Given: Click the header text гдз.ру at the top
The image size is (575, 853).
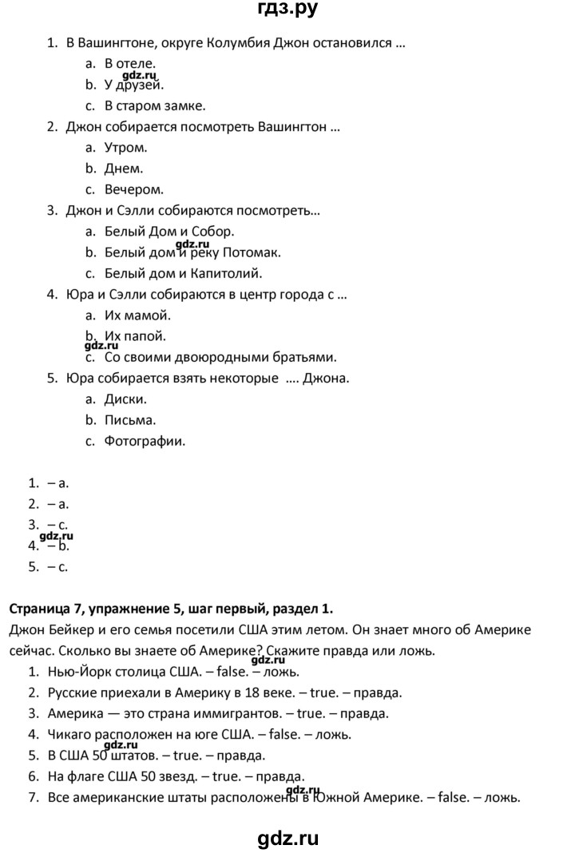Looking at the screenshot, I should tap(287, 11).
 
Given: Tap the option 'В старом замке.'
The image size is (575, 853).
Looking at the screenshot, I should tap(155, 105).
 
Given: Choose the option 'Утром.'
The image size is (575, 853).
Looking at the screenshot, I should tap(126, 147).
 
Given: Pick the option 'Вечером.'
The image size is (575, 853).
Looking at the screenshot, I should tap(134, 189).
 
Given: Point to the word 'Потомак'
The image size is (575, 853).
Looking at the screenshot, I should tap(254, 252).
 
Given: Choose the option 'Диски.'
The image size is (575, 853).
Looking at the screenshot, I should tap(126, 399).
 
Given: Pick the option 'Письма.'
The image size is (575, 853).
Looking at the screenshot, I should tap(130, 420).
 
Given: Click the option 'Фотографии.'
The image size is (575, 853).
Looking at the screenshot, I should tap(145, 441).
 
